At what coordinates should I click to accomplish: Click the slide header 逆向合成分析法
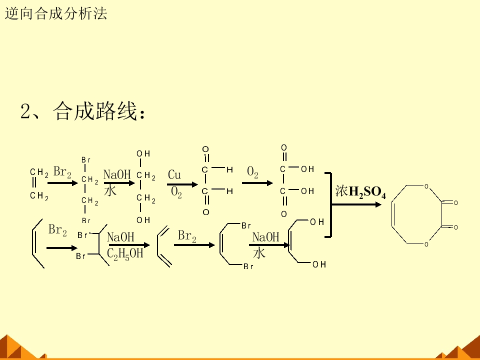coord(56,13)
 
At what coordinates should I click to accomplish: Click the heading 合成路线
coord(94,111)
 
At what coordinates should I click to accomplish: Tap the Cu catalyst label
coord(174,175)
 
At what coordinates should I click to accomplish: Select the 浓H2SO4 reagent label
coord(360,192)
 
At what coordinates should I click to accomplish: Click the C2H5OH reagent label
coord(125,253)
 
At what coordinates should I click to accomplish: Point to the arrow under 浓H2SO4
coord(356,204)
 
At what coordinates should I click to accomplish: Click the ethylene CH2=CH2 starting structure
coord(39,183)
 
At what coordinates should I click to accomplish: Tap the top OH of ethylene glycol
coord(143,153)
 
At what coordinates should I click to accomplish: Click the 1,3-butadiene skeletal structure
coord(164,246)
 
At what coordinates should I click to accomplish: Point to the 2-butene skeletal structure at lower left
coord(38,243)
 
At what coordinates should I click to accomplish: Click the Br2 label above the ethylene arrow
coord(62,171)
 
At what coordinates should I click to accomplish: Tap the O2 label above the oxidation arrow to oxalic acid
coord(252,172)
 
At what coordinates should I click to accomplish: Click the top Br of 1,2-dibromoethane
coord(86,160)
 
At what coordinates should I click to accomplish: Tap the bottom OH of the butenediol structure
coord(319,264)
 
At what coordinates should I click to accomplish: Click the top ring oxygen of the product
coord(426,186)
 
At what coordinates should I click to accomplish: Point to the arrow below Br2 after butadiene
coord(194,245)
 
